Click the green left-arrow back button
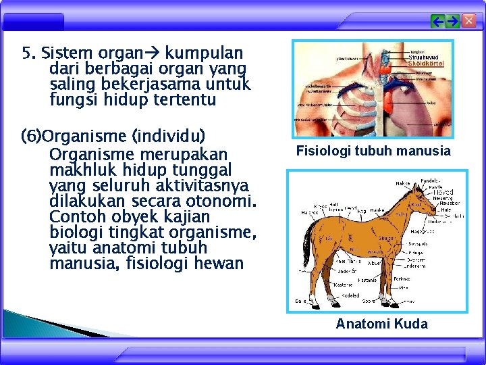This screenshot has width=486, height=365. point(438,22)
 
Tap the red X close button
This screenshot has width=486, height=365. point(468,22)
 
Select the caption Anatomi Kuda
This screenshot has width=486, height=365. point(381,324)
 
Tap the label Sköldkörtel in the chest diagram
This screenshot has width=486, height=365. point(427,64)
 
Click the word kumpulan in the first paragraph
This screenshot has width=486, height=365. point(205,53)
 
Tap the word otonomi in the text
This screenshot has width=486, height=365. point(222,201)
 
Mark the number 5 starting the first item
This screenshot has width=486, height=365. point(26,53)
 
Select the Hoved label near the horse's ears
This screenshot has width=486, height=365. point(443,192)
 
